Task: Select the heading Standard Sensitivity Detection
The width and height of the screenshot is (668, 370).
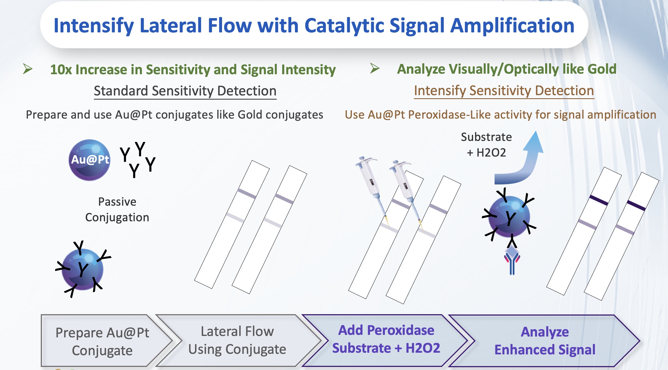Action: [x=185, y=91]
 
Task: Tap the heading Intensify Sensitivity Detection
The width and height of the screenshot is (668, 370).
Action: [x=504, y=91]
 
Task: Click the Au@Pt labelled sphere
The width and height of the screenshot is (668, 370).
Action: [x=89, y=160]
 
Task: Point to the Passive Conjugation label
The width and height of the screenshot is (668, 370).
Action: [x=117, y=210]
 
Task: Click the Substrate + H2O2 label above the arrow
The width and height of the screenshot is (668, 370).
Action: [x=486, y=145]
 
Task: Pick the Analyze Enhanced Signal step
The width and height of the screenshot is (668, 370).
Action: [x=545, y=341]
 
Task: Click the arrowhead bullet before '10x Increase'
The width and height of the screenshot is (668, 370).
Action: [x=28, y=69]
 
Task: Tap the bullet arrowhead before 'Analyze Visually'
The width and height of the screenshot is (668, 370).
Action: [x=375, y=68]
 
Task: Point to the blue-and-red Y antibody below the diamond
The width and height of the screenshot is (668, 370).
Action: [x=512, y=264]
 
